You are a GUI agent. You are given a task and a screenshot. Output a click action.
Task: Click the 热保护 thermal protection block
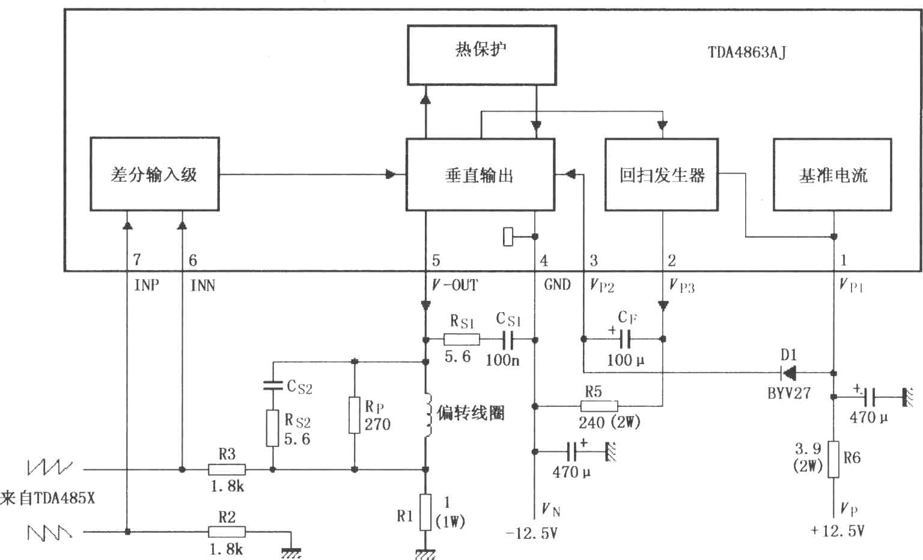(482, 55)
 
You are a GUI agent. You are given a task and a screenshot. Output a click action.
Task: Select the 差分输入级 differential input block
(154, 174)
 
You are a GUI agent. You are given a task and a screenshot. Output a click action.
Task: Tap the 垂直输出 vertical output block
(481, 175)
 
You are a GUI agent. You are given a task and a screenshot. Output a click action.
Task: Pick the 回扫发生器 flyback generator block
(662, 175)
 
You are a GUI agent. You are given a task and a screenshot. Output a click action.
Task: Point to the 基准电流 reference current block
(833, 175)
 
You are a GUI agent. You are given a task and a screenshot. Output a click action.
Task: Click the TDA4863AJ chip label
(747, 52)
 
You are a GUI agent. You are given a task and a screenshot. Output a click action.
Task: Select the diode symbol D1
(788, 373)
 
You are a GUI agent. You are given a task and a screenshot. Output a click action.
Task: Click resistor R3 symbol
(227, 469)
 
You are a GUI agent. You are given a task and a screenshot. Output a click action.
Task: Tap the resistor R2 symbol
(227, 532)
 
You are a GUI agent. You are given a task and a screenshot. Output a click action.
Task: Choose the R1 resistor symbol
(425, 512)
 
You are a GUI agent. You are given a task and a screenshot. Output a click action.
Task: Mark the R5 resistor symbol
(599, 406)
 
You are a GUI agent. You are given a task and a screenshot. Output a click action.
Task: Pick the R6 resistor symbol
(833, 459)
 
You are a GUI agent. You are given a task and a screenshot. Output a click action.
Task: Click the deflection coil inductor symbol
(428, 415)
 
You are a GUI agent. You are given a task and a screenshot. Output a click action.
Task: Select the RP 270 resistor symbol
(355, 415)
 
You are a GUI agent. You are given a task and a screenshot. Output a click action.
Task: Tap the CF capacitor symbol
(625, 339)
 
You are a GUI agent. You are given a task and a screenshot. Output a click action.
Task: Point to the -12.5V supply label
(532, 534)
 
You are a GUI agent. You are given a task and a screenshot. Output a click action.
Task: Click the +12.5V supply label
(837, 531)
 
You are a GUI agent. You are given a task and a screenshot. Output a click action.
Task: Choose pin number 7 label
(137, 259)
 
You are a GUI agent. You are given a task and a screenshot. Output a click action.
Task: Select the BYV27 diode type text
(788, 393)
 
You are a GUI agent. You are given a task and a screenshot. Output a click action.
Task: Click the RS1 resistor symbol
(461, 340)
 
